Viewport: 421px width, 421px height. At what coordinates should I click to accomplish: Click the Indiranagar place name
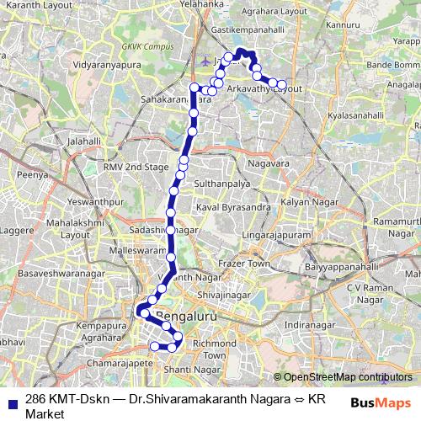[309, 323]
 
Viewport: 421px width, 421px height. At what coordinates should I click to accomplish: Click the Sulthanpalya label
[224, 182]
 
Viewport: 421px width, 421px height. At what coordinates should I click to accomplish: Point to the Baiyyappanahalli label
[323, 266]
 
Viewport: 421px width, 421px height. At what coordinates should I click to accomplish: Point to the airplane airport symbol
[208, 61]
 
